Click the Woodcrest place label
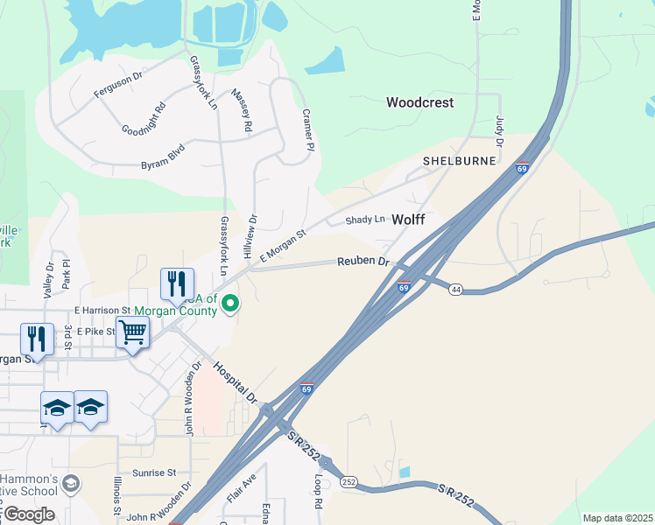click(x=420, y=102)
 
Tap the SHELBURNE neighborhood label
click(x=460, y=161)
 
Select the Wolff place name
click(x=408, y=220)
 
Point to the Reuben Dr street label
click(x=363, y=262)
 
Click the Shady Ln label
click(x=365, y=220)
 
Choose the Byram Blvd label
click(x=163, y=157)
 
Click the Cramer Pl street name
click(x=307, y=129)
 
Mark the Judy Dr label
click(x=500, y=130)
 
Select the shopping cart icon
click(x=132, y=332)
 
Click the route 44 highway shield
click(x=456, y=289)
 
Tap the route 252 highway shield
click(x=349, y=481)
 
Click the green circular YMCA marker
click(x=230, y=304)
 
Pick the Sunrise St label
click(x=154, y=472)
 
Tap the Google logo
click(x=29, y=514)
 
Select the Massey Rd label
click(x=242, y=110)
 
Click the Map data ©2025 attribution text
click(x=617, y=518)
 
